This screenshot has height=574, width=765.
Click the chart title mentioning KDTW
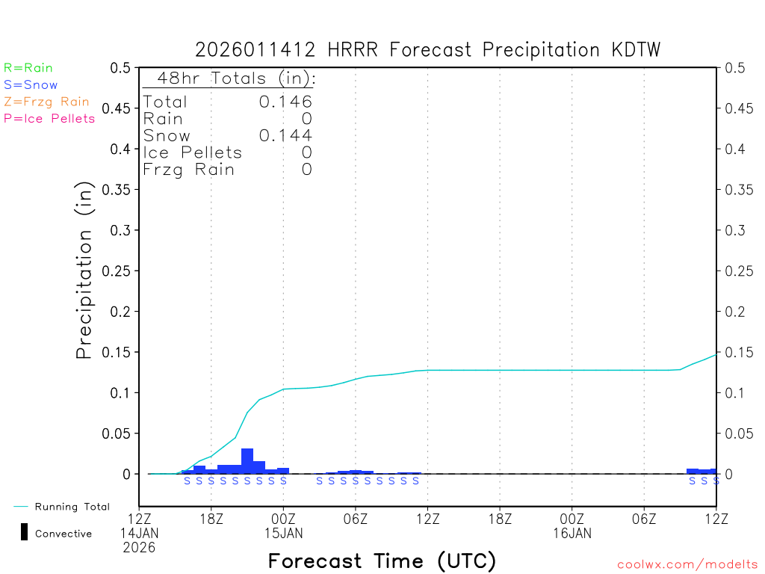[x=428, y=50]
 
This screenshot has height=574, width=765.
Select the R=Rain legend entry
[x=28, y=68]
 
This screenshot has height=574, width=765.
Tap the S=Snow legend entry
[x=31, y=85]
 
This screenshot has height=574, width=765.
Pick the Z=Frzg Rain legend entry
[x=46, y=102]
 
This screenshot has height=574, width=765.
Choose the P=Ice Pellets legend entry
[x=49, y=118]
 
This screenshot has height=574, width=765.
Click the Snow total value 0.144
[x=285, y=135]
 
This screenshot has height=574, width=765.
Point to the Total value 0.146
[x=285, y=102]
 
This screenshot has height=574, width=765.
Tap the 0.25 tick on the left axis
[x=120, y=271]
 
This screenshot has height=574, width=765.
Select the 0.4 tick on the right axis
[x=734, y=149]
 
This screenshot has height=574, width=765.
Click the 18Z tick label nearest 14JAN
[x=211, y=519]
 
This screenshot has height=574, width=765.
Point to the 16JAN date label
[x=572, y=534]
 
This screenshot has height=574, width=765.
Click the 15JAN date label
[x=283, y=534]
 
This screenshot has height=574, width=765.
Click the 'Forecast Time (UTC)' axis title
[x=382, y=561]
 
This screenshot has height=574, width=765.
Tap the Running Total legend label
[x=72, y=507]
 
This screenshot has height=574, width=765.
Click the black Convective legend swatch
[x=24, y=532]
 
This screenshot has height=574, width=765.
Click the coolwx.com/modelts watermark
[x=687, y=564]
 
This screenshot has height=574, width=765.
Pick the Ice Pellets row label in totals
[x=193, y=152]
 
